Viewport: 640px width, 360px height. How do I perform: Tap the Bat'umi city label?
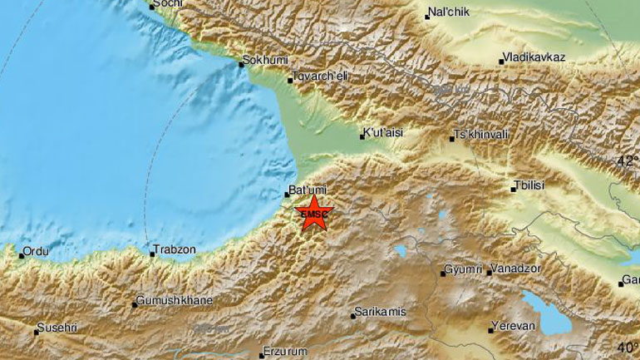tap(304, 190)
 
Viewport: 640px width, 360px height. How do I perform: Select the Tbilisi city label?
tap(529, 185)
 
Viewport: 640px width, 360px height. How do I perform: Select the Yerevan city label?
tap(513, 326)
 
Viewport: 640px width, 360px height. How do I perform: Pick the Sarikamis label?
tap(379, 312)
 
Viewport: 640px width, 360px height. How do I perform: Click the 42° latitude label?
tap(628, 162)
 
